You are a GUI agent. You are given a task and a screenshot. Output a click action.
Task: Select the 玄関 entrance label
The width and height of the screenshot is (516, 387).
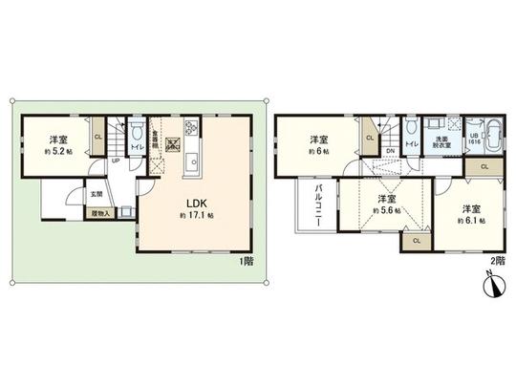click(x=97, y=194)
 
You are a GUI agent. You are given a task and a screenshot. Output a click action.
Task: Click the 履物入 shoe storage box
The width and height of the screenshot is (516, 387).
click(x=102, y=214)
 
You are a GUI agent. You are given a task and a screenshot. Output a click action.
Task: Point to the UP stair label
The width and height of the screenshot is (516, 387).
click(x=116, y=161)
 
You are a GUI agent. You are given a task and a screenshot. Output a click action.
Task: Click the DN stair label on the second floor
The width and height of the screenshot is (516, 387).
click(x=391, y=151)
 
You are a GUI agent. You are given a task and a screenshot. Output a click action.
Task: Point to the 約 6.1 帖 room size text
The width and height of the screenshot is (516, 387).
click(x=469, y=221)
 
